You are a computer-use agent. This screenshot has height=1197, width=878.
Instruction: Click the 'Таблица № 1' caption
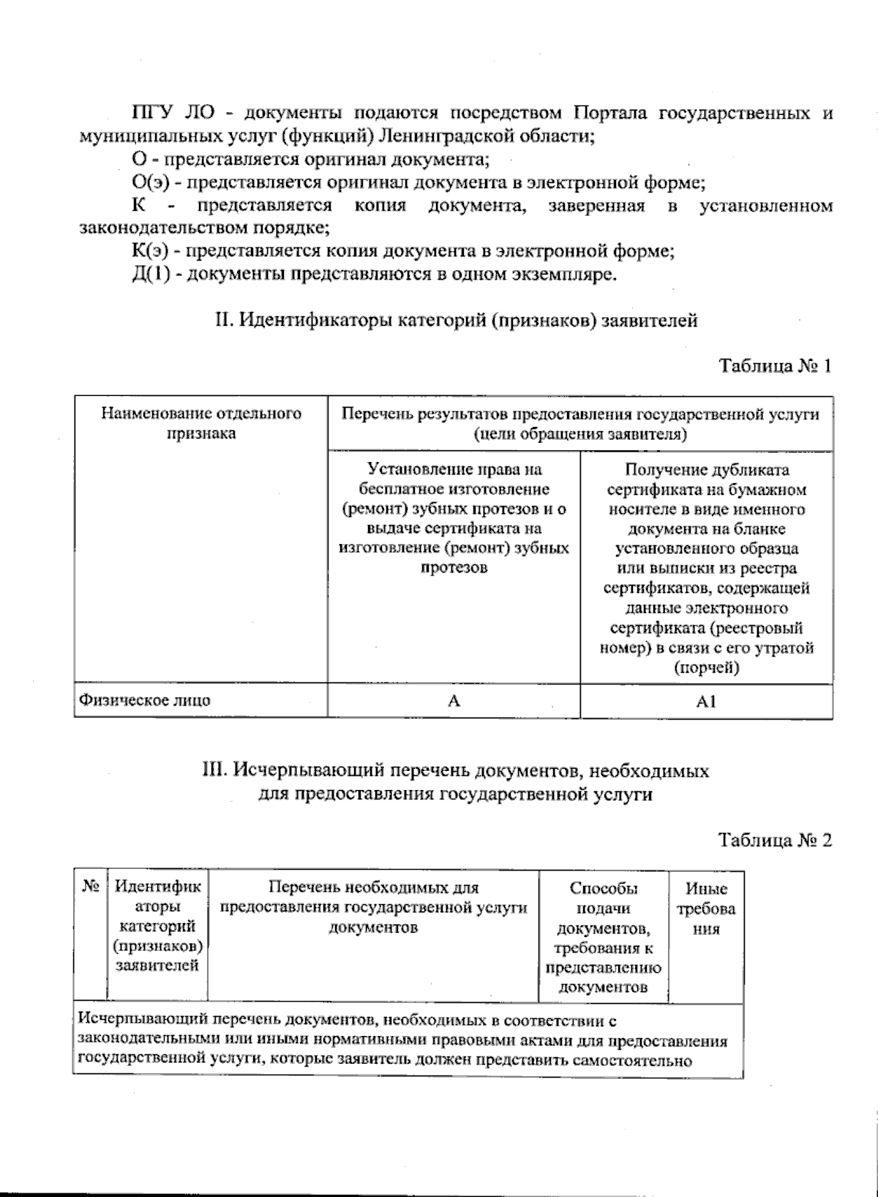click(x=775, y=365)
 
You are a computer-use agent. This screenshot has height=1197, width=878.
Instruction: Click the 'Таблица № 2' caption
click(x=775, y=840)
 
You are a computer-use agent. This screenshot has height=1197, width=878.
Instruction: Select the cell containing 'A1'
click(x=706, y=701)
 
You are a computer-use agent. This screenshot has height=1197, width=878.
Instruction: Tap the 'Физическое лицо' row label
click(x=145, y=700)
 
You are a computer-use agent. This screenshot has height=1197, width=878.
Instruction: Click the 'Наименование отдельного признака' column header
click(x=201, y=423)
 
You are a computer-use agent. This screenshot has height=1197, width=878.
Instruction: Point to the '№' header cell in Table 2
click(x=91, y=887)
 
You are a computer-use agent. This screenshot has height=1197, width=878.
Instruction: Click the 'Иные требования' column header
click(x=706, y=909)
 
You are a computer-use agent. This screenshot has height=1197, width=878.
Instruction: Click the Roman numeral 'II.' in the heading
click(x=222, y=320)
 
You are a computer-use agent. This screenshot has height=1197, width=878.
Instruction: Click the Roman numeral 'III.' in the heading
click(x=216, y=770)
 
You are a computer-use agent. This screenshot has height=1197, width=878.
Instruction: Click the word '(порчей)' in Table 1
click(x=706, y=668)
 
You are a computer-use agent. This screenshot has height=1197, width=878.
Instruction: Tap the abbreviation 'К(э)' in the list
click(x=151, y=251)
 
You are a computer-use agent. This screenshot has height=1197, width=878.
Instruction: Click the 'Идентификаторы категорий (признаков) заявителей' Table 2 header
click(x=157, y=926)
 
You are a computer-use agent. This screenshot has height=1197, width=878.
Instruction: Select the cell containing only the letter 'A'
click(x=454, y=701)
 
